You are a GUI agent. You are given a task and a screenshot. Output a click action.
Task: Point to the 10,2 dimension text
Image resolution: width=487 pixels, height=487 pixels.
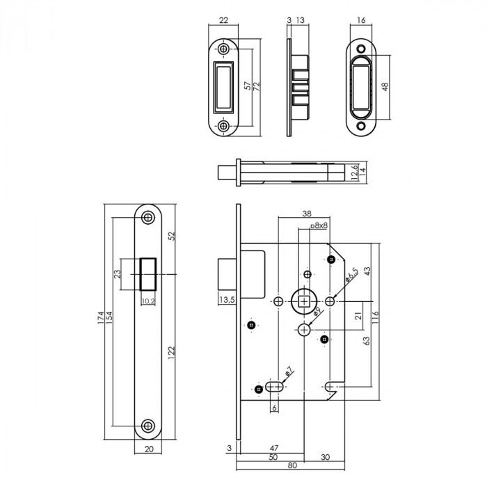(147, 301)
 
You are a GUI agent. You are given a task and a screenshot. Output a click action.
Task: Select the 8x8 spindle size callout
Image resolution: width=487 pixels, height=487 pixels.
(319, 226)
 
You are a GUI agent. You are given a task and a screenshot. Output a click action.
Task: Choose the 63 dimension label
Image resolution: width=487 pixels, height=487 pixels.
(367, 341)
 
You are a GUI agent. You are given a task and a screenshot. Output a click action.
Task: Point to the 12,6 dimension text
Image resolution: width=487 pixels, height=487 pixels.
(354, 170)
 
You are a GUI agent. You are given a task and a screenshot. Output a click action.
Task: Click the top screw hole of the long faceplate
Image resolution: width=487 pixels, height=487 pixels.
(147, 217)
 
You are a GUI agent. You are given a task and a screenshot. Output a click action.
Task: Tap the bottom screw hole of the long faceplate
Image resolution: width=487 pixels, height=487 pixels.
(147, 426)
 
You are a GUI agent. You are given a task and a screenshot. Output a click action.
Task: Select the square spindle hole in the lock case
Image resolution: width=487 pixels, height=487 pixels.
(305, 301)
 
